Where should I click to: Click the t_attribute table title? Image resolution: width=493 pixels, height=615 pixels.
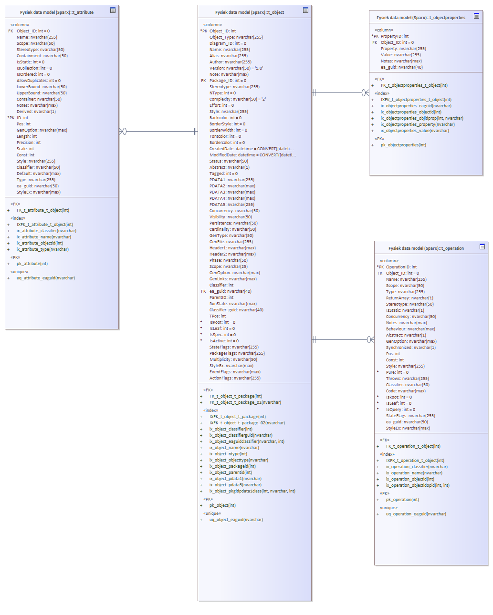click(x=57, y=12)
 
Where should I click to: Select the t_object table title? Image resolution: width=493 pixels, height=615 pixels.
click(x=249, y=12)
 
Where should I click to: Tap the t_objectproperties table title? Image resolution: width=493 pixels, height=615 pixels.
click(x=420, y=18)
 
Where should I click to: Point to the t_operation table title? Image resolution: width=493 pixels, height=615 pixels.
click(x=426, y=248)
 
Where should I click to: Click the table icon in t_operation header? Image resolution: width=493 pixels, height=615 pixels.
click(x=482, y=246)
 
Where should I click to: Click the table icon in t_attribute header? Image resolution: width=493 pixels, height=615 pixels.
click(x=113, y=10)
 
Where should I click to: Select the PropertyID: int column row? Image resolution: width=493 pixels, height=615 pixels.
click(x=394, y=36)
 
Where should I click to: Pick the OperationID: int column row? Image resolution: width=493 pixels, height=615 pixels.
click(x=401, y=267)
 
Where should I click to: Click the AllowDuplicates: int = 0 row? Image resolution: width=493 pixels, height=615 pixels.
click(x=39, y=81)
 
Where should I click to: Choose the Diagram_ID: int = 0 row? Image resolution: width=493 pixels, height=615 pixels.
click(x=228, y=43)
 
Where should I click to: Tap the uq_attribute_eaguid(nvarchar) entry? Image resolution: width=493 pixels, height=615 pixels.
click(x=46, y=278)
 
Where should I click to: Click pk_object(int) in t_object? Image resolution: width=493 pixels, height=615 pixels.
click(x=222, y=505)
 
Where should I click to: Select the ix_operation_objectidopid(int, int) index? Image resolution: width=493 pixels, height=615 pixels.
click(x=418, y=485)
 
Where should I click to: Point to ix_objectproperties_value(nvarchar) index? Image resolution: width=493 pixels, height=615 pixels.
click(x=415, y=131)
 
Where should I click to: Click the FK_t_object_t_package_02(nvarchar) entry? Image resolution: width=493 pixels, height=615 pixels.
click(x=245, y=402)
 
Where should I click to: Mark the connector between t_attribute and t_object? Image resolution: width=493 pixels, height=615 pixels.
click(x=158, y=131)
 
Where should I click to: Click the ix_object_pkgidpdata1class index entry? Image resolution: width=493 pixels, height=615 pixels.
click(x=252, y=491)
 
